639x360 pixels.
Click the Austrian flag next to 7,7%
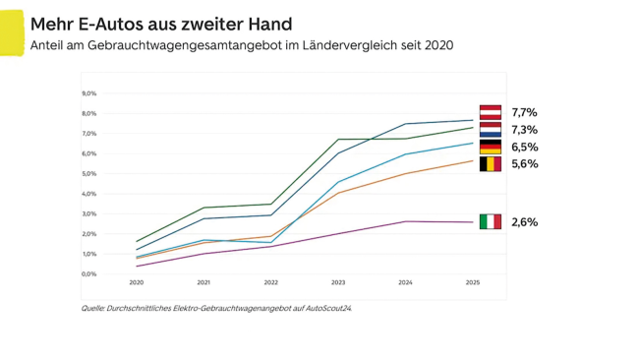490,112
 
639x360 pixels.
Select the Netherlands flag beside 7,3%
490,129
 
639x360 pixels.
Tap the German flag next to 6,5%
490,147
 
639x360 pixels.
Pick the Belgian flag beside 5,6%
490,163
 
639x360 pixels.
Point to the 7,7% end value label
524,112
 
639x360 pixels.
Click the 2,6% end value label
524,222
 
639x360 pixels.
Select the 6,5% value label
524,147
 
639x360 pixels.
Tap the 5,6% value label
524,163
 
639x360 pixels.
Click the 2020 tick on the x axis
137,282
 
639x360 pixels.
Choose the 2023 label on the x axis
338,282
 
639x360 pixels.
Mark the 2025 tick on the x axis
473,282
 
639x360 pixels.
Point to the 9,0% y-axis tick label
88,93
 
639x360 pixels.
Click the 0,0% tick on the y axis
88,273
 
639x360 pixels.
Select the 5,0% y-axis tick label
88,173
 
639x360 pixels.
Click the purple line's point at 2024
406,221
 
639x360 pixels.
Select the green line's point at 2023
338,140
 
